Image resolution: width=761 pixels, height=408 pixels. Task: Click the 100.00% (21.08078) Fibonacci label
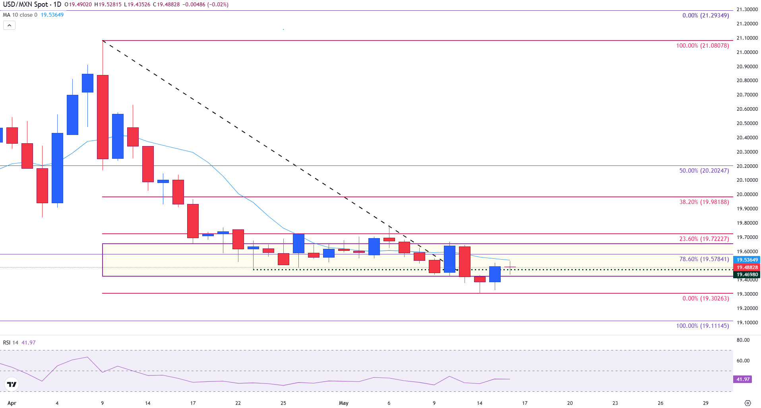point(702,46)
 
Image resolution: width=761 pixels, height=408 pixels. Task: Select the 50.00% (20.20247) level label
point(704,171)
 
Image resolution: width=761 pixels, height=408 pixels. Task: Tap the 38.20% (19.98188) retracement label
point(704,202)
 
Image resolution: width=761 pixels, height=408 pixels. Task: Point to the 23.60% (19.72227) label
point(704,239)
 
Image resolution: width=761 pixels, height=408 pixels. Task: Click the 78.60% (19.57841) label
point(704,259)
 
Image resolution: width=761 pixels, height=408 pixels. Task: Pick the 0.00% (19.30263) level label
point(705,298)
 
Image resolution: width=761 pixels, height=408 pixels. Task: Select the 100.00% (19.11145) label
point(702,326)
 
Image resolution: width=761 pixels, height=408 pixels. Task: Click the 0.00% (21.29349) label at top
point(705,15)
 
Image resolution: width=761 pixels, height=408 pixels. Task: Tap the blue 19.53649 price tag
point(747,260)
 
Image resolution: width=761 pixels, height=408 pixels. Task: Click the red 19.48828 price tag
point(747,268)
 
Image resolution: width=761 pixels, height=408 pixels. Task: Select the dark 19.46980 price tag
point(747,275)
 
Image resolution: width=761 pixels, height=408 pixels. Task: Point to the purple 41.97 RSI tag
point(743,379)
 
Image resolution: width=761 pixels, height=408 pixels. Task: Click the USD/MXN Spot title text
point(25,5)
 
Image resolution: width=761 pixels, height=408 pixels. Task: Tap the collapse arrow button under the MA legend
point(9,25)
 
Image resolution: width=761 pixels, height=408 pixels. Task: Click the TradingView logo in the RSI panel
point(12,384)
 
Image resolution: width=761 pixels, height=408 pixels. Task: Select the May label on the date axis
point(343,403)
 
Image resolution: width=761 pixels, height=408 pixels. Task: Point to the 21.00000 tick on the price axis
point(747,52)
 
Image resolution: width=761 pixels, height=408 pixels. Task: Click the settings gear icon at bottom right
point(747,403)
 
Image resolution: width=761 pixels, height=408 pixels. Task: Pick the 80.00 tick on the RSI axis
point(743,340)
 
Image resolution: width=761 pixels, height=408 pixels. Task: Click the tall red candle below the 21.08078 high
point(103,117)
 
